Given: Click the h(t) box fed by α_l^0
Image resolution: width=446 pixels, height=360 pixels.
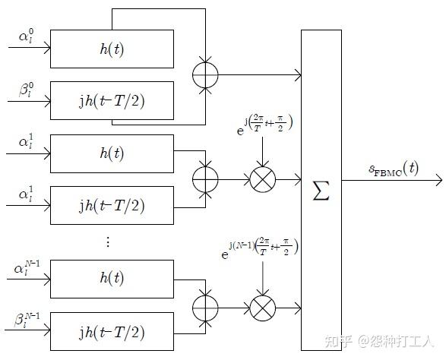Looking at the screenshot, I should pyautogui.click(x=112, y=49).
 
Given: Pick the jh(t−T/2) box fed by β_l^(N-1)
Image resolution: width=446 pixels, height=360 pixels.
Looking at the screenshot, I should pyautogui.click(x=112, y=332).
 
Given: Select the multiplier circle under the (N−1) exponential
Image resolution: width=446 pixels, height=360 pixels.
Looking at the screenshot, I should pyautogui.click(x=262, y=308).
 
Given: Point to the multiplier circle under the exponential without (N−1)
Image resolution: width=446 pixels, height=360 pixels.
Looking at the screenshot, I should pyautogui.click(x=262, y=179).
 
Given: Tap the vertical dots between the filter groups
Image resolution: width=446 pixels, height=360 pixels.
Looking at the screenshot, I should pyautogui.click(x=108, y=242).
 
